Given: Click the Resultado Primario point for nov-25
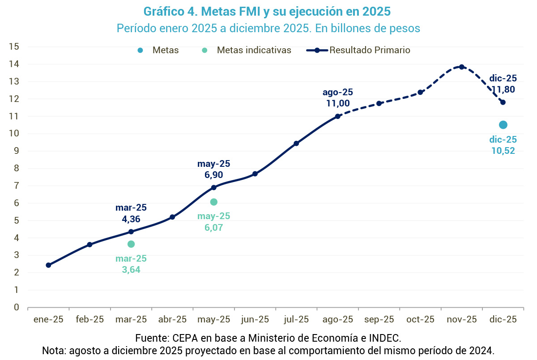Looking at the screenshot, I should click(461, 67).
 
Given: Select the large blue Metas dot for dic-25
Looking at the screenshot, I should click(503, 125).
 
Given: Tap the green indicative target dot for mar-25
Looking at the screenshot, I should click(131, 244).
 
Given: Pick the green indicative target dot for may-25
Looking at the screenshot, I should click(213, 202).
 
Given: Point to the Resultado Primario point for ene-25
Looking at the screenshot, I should click(48, 265).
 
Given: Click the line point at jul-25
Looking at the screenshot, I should click(296, 144).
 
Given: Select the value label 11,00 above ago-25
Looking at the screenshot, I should click(338, 103).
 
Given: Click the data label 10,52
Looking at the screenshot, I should click(503, 151).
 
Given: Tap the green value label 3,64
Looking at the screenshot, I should click(131, 270).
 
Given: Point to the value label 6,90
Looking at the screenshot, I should click(213, 175).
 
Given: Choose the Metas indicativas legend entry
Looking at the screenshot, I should click(254, 50).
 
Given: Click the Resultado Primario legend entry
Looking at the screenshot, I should click(370, 50).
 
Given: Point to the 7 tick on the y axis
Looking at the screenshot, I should click(16, 186).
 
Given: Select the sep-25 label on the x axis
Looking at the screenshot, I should click(379, 319).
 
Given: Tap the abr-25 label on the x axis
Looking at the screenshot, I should click(172, 319).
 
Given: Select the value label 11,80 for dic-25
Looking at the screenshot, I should click(503, 89).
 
